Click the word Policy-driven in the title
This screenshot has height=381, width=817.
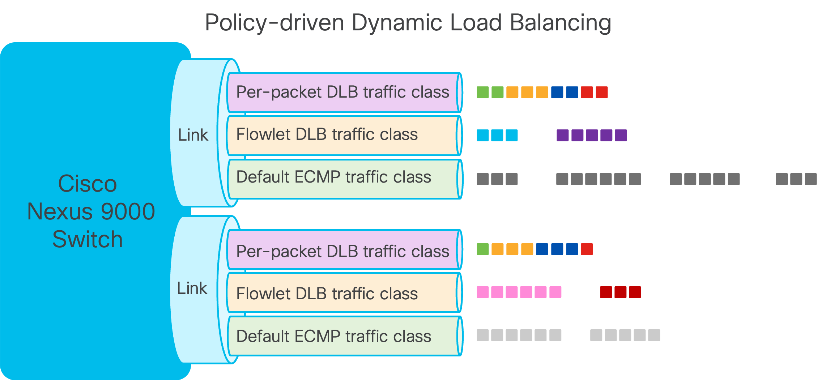tap(274, 23)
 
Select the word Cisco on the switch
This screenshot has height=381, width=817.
tap(88, 184)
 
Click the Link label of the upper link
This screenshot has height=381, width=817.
tap(193, 135)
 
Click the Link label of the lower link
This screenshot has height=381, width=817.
tap(192, 288)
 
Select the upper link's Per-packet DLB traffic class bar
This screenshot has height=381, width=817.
tap(342, 93)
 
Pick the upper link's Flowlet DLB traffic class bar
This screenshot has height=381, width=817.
tap(342, 135)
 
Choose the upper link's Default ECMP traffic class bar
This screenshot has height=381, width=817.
tap(342, 178)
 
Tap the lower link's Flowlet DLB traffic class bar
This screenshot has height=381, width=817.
tap(342, 293)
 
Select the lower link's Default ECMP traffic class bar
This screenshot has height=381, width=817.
tap(342, 336)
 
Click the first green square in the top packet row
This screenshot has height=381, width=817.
tap(482, 93)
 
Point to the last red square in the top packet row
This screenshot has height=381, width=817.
tap(601, 93)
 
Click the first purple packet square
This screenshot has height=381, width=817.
tap(562, 135)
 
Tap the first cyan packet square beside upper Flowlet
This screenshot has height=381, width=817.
tap(482, 135)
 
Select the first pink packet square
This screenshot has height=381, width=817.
tap(482, 292)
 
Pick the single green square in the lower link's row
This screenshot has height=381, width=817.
tap(482, 249)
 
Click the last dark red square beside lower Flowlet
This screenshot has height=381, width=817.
tap(635, 292)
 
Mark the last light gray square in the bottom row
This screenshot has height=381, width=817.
tap(654, 335)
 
